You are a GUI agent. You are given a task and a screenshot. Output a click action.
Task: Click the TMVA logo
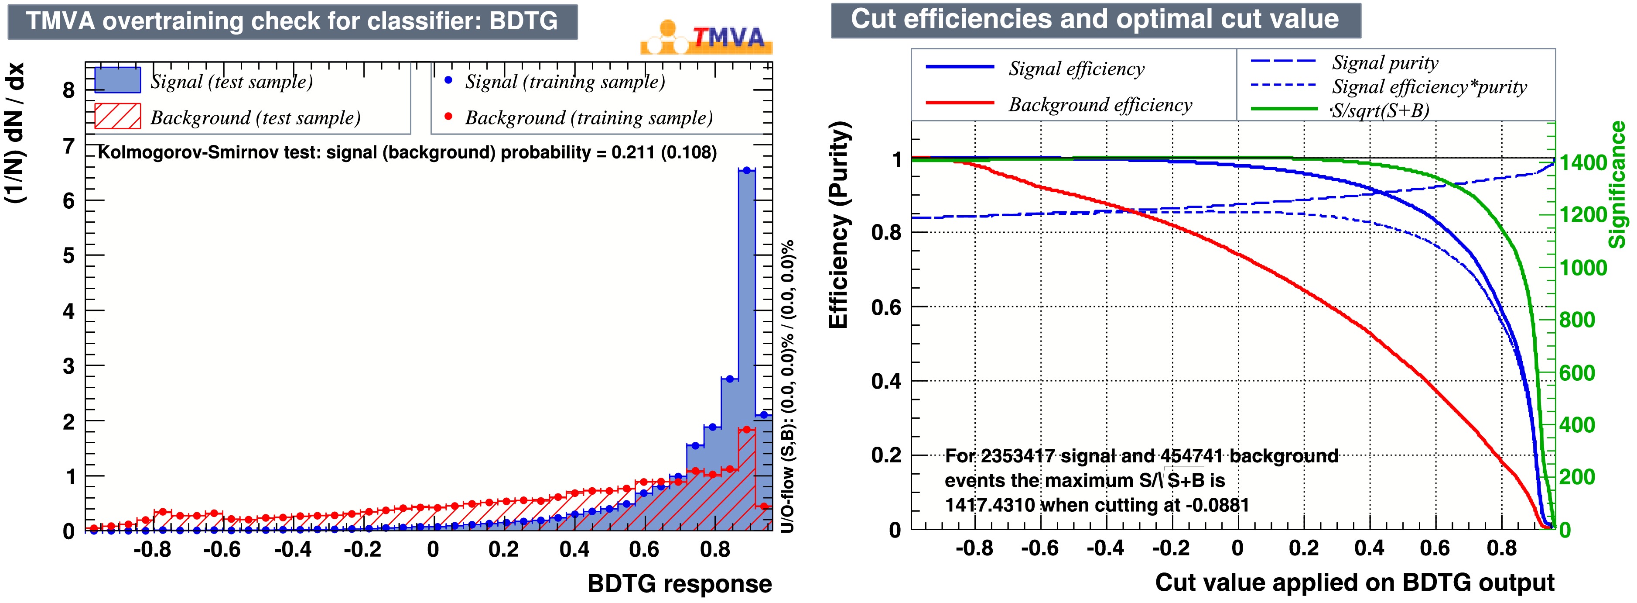[707, 37]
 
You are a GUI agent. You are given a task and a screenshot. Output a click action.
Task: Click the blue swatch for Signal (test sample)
[118, 81]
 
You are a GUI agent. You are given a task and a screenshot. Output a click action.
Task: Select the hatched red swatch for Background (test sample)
[118, 117]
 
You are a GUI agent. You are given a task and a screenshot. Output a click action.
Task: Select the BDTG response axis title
[679, 583]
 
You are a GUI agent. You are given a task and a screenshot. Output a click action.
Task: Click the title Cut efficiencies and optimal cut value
[1095, 20]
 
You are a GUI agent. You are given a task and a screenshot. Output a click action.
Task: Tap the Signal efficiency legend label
[1077, 69]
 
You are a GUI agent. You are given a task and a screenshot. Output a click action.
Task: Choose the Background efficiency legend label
[1100, 105]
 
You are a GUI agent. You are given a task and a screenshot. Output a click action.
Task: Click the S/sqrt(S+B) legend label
[1380, 110]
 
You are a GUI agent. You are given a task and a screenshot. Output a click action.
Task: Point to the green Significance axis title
[1617, 184]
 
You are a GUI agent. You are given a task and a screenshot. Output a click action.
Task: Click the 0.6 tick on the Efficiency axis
[886, 307]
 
